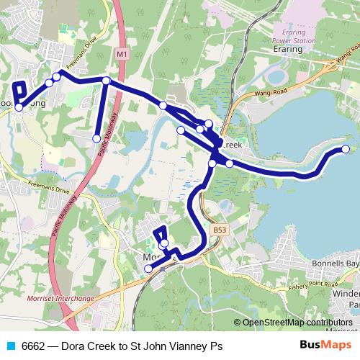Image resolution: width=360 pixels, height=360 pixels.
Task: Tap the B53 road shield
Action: coord(220,229)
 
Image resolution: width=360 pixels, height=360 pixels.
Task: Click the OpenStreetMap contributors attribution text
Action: coord(298,323)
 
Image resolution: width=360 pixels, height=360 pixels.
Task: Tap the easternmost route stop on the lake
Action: coord(345,149)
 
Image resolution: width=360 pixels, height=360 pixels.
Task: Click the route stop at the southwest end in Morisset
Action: coord(149,269)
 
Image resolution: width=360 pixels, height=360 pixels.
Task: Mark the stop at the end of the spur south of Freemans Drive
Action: coord(96,138)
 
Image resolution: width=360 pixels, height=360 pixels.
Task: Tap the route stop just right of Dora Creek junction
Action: coord(230,163)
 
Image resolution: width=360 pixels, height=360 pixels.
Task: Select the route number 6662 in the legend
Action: coord(33,346)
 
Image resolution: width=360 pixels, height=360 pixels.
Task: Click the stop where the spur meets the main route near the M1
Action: coord(106,81)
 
